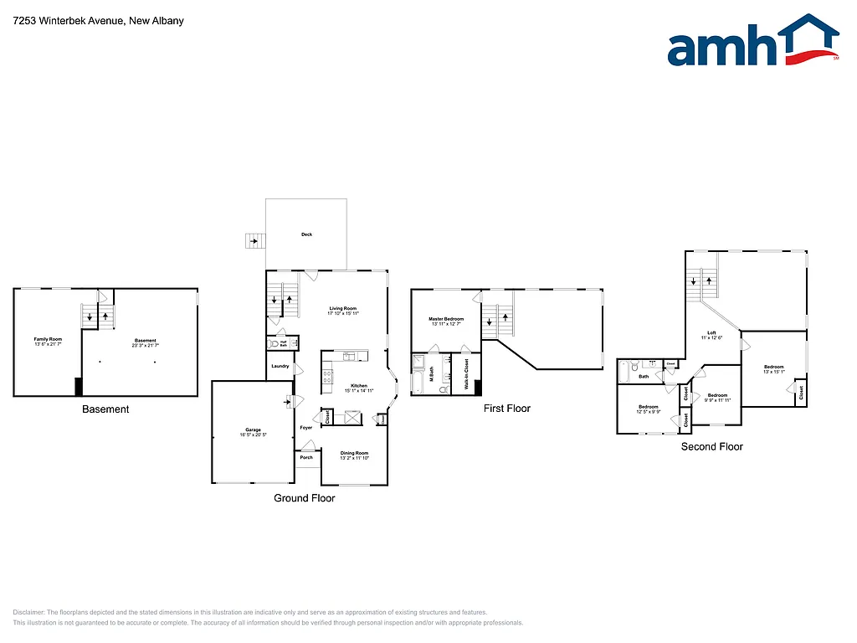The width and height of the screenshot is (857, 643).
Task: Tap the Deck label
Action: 307,234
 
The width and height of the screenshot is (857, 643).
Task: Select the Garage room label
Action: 253,432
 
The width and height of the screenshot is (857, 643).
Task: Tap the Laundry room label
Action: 280,366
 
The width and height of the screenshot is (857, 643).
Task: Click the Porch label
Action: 306,457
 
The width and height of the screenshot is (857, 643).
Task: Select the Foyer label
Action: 306,428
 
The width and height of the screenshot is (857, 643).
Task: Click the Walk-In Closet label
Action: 466,374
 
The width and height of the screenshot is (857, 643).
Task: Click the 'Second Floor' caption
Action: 711,446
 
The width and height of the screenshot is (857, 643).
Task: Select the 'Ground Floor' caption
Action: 305,498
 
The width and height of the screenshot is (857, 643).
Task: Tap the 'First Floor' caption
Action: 507,409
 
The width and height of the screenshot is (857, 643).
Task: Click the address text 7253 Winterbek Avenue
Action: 99,21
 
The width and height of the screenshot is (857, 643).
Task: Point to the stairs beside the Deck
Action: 253,241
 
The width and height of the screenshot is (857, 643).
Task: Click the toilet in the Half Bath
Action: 274,344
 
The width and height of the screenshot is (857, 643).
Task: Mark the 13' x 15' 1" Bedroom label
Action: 773,369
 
